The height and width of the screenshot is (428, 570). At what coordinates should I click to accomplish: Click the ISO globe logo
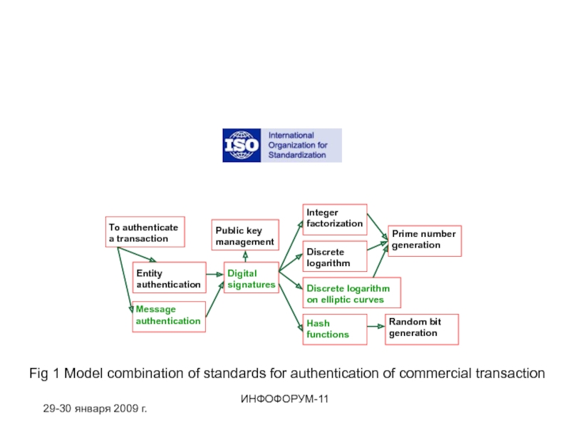click(242, 146)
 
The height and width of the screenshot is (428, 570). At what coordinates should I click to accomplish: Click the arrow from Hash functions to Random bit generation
click(376, 327)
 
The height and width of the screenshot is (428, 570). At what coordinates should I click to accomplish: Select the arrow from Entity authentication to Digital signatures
click(215, 275)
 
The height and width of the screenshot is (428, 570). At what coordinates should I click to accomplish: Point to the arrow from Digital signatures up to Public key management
click(245, 256)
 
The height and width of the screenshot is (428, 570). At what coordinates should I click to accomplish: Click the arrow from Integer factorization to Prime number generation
click(378, 227)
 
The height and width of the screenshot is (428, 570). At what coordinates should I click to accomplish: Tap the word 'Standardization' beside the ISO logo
click(297, 155)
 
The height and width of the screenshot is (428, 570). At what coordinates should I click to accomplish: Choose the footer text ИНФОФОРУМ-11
click(284, 399)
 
